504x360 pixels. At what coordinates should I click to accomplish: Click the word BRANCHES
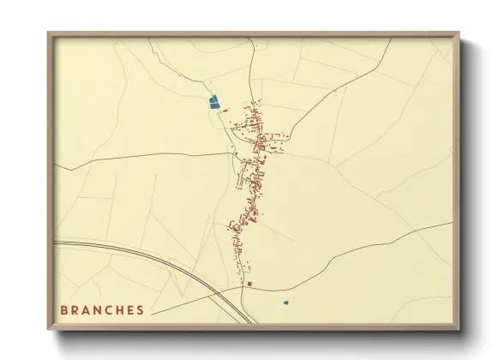[102, 309]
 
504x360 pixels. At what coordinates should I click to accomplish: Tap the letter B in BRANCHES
[64, 309]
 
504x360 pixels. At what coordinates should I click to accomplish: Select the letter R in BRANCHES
[75, 309]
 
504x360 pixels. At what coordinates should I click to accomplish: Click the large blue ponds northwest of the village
[214, 102]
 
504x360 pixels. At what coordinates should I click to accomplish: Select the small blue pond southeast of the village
[285, 302]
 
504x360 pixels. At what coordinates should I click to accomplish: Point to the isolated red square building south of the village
[249, 283]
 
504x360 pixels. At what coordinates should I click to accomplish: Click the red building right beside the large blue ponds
[225, 110]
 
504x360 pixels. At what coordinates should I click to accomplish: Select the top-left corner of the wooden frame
[49, 33]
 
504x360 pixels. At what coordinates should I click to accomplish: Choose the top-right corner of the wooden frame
[459, 33]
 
